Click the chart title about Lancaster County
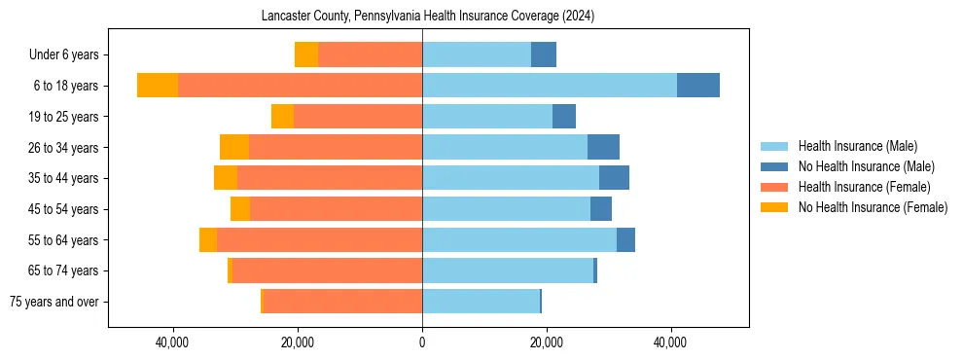[x=428, y=17]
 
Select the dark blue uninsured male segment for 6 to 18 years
[x=698, y=86]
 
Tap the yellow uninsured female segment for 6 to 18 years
[x=158, y=86]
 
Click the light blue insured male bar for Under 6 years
[x=477, y=54]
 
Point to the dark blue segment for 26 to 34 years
[x=603, y=147]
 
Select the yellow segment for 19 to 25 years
[x=282, y=117]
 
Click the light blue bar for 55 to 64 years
[x=519, y=239]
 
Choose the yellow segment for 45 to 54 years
[x=240, y=209]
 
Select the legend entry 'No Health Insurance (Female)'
[x=873, y=207]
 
